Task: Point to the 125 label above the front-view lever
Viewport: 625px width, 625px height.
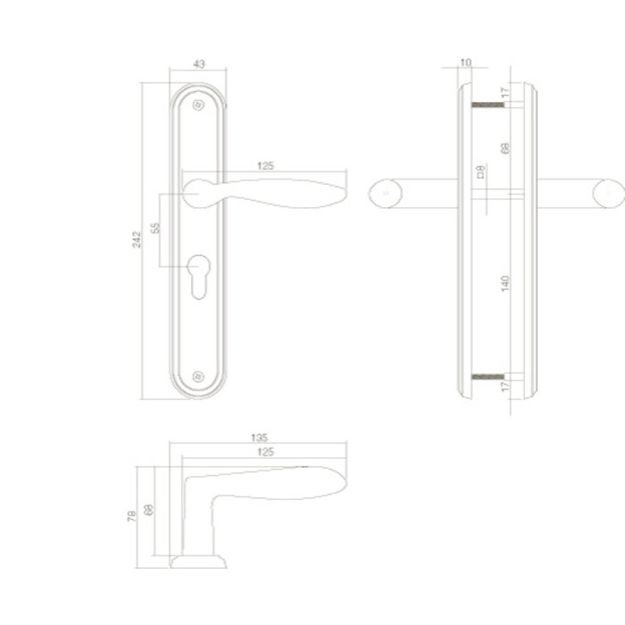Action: [264, 165]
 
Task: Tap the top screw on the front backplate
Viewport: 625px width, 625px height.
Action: [198, 105]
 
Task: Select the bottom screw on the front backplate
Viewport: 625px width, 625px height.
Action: [198, 378]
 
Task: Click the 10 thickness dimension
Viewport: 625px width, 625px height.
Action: [465, 62]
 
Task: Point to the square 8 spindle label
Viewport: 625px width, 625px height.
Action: [480, 171]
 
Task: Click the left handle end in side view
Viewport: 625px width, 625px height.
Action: [383, 193]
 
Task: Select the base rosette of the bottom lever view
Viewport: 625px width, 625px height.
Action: [198, 561]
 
